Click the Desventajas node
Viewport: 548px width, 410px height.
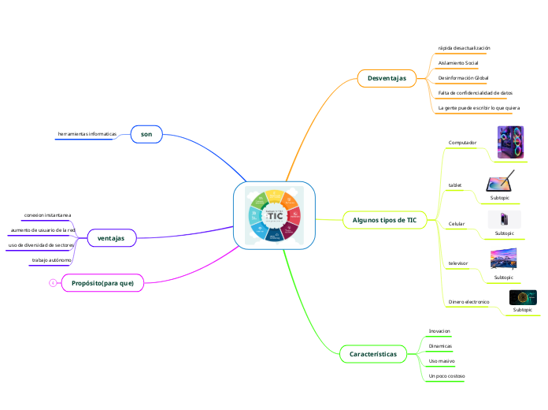387,78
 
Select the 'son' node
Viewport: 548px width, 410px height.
146,135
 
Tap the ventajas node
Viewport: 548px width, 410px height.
111,237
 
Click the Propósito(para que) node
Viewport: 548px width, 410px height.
102,283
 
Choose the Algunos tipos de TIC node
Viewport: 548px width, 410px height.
385,220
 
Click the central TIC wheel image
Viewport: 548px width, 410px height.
274,215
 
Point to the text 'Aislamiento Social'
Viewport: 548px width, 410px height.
457,62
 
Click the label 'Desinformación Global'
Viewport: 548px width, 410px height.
463,78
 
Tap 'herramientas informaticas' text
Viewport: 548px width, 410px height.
87,134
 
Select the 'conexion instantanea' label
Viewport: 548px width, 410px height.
47,214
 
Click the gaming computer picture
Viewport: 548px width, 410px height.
507,143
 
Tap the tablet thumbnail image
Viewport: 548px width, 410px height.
501,181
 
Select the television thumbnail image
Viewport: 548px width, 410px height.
503,260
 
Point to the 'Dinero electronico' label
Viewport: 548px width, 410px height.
468,302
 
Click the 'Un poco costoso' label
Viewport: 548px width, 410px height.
446,376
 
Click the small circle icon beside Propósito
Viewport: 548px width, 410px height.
51,283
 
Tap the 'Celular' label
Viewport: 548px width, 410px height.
456,224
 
